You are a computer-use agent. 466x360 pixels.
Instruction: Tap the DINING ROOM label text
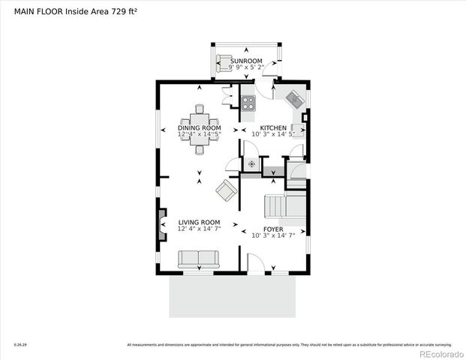pyautogui.click(x=199, y=128)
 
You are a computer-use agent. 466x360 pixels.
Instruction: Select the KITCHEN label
pyautogui.click(x=272, y=128)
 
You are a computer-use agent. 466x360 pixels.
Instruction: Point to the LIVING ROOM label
pyautogui.click(x=199, y=222)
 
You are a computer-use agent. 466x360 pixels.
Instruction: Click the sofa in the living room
pyautogui.click(x=198, y=259)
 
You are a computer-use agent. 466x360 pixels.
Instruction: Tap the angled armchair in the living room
pyautogui.click(x=224, y=190)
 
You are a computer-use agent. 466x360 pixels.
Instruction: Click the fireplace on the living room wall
pyautogui.click(x=161, y=223)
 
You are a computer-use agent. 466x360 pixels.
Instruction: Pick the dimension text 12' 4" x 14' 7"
pyautogui.click(x=199, y=229)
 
